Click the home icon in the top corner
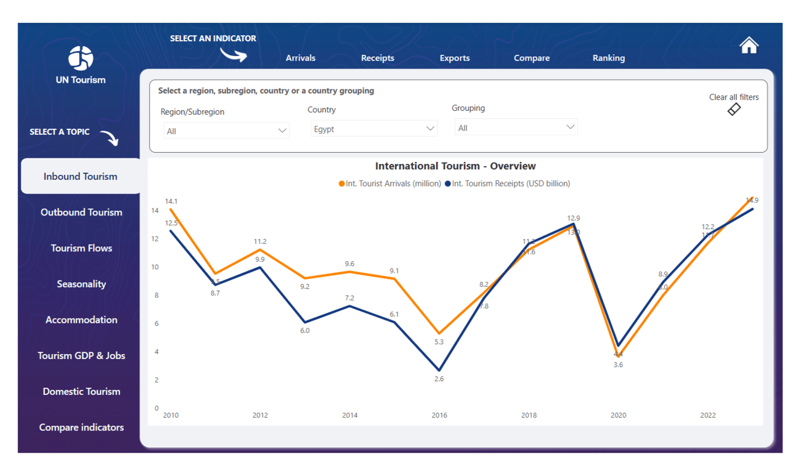point(749,46)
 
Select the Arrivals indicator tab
point(300,58)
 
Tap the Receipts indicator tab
point(377,58)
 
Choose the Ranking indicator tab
point(608,58)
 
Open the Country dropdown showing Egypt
point(373,129)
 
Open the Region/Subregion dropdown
point(226,131)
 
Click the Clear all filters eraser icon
point(734,109)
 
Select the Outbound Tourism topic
point(81,212)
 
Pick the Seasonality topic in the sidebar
point(81,284)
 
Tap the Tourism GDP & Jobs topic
point(81,355)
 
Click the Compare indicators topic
point(81,427)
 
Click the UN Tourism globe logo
point(81,58)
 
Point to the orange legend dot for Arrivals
point(341,184)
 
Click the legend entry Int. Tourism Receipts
point(510,184)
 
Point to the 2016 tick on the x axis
point(439,415)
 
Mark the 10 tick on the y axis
point(155,267)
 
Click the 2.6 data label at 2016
point(439,379)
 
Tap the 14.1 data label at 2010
point(171,201)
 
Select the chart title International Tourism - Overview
point(455,166)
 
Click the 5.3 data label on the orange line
point(439,342)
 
